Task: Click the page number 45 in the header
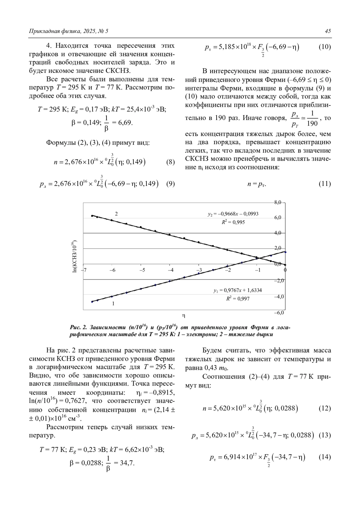pyautogui.click(x=328, y=31)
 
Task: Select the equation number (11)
pyautogui.click(x=325, y=184)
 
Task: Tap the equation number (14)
pyautogui.click(x=325, y=457)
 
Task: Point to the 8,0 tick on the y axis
pyautogui.click(x=277, y=202)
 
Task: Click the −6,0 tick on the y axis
pyautogui.click(x=279, y=313)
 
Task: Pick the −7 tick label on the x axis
pyautogui.click(x=84, y=270)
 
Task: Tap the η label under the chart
pyautogui.click(x=184, y=315)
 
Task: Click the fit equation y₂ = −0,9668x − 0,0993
pyautogui.click(x=233, y=214)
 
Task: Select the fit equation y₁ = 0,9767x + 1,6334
pyautogui.click(x=238, y=290)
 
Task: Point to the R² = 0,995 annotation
pyautogui.click(x=233, y=222)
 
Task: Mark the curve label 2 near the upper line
pyautogui.click(x=116, y=214)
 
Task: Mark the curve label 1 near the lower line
pyautogui.click(x=113, y=303)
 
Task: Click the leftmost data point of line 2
pyautogui.click(x=92, y=216)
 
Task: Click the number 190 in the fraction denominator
pyautogui.click(x=312, y=123)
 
